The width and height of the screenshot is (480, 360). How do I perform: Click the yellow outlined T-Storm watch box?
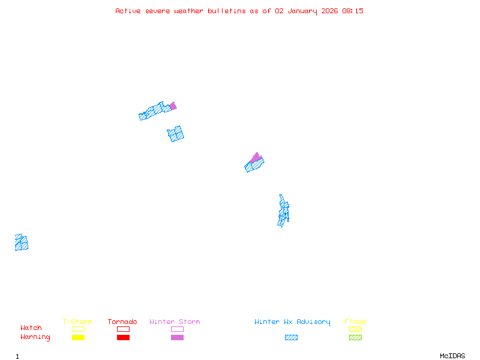coord(78,329)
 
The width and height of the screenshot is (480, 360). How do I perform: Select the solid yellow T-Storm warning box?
coord(78,337)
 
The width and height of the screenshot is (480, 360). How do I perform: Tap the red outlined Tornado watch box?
coord(123,329)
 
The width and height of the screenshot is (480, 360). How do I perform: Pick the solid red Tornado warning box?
coord(123,337)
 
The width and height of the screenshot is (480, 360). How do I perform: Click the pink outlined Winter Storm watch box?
coord(177,329)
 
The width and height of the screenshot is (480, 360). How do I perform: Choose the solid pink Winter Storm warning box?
coord(177,337)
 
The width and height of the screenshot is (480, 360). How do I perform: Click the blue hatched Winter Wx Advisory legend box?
coord(291,337)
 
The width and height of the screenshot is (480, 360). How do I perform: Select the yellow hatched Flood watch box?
coord(355,329)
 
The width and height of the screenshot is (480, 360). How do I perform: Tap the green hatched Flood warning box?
coord(355,337)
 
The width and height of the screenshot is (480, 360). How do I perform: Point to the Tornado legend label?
coord(122,322)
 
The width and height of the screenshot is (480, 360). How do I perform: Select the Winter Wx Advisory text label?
coord(292,322)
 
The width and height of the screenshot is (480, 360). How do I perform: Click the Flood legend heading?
coord(355,322)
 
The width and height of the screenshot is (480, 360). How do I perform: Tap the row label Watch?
coord(31,328)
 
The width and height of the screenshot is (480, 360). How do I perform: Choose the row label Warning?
coord(35,337)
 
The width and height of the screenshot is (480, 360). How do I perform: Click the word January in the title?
coord(301,11)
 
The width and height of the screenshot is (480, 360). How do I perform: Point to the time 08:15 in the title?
coord(353,11)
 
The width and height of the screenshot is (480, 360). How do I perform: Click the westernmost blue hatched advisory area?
coord(22,242)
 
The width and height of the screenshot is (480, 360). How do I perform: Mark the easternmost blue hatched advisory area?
coord(283,211)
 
